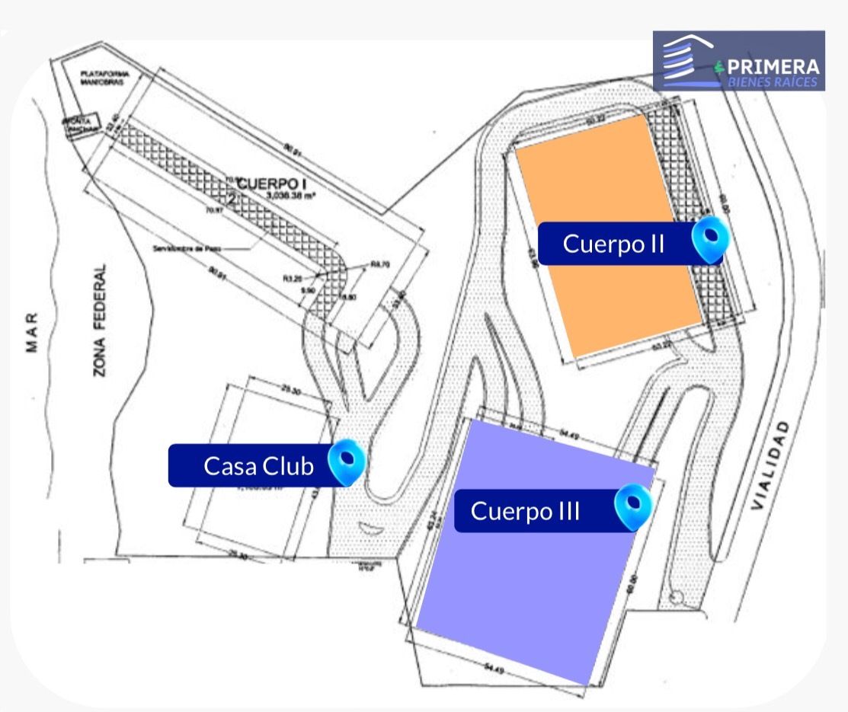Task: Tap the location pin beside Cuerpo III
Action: [x=632, y=506]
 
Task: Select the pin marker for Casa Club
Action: [x=346, y=461]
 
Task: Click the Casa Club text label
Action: [x=258, y=466]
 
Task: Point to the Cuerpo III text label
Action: [x=525, y=511]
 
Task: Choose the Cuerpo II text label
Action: [x=614, y=244]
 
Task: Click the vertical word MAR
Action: [x=31, y=334]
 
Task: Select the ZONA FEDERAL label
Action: [x=100, y=321]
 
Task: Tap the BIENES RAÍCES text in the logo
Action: [x=772, y=81]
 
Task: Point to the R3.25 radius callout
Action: [x=292, y=279]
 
